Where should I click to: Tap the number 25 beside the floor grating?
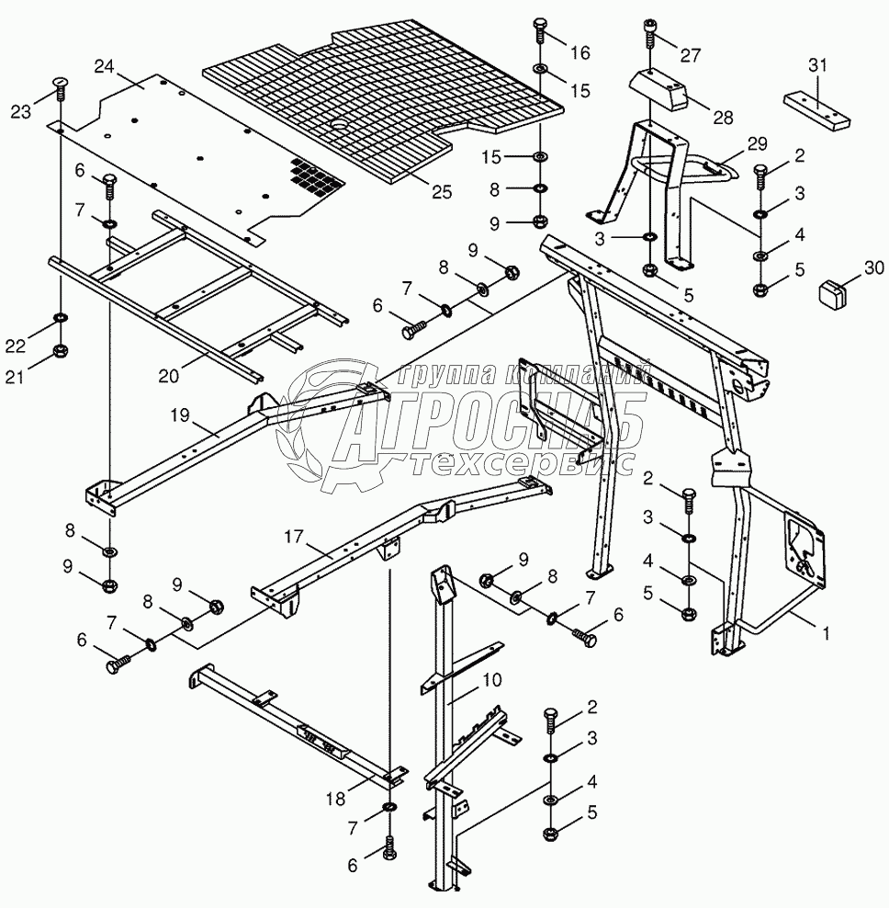tap(442, 191)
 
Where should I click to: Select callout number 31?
tap(818, 64)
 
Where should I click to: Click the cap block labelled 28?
tap(657, 88)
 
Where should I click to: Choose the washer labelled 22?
tap(61, 319)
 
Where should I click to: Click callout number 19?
tap(179, 415)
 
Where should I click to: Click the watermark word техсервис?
tap(523, 465)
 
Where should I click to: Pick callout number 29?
tap(756, 144)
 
